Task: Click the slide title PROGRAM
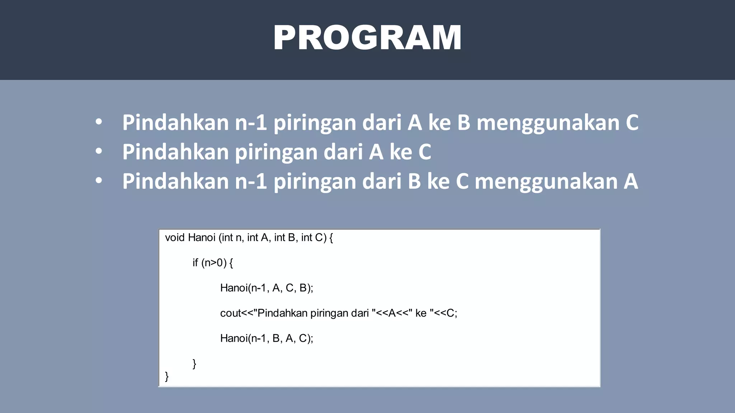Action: tap(367, 38)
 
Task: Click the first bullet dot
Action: tap(99, 122)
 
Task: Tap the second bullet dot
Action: tap(99, 152)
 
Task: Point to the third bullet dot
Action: tap(99, 181)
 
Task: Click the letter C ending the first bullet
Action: tap(632, 123)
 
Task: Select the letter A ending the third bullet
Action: tap(631, 181)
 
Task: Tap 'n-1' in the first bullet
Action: tap(251, 123)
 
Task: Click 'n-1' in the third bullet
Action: tap(251, 181)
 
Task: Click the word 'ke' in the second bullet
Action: tap(401, 152)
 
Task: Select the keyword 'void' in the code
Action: tap(175, 238)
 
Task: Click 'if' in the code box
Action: tap(195, 263)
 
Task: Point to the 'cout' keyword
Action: tap(230, 313)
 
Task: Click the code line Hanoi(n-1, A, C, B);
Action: tap(266, 288)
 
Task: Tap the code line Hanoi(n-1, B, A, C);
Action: tap(266, 338)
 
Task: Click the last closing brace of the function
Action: tap(167, 376)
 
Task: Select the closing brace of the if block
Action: tap(194, 364)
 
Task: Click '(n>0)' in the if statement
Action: tap(214, 263)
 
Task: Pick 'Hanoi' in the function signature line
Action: tap(202, 238)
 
